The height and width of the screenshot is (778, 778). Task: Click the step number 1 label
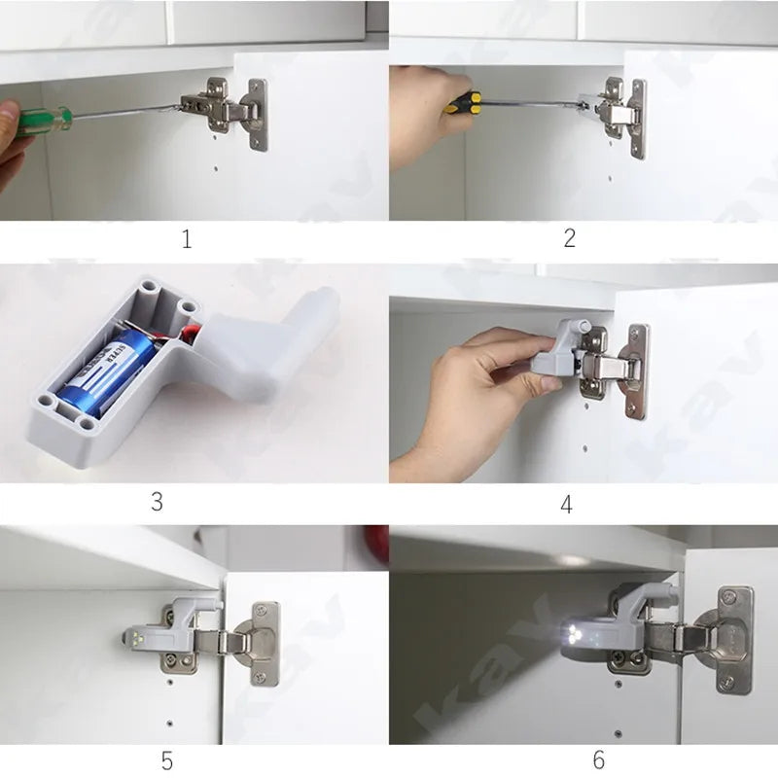coord(187,239)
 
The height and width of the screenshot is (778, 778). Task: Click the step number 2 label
coord(570,238)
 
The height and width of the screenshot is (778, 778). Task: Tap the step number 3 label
coord(157,502)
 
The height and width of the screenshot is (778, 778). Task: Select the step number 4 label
coord(567,504)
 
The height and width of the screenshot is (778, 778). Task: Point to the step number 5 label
coord(167,760)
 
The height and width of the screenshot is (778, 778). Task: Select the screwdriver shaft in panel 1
coord(126,111)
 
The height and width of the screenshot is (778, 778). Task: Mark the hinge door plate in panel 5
coord(264,642)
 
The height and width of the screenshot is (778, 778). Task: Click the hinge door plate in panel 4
coord(636,370)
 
